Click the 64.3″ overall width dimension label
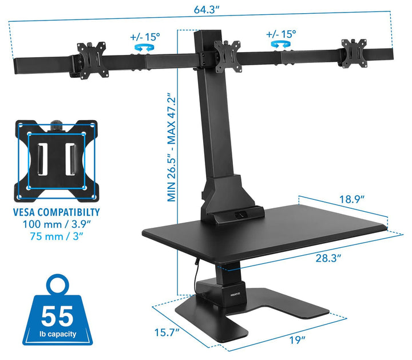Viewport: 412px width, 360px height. [206, 10]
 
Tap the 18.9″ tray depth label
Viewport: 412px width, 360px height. [352, 199]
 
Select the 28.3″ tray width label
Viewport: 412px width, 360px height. [328, 258]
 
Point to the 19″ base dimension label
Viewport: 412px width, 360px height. [297, 340]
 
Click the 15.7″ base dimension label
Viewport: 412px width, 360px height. [167, 333]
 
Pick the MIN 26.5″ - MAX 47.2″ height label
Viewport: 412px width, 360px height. [171, 147]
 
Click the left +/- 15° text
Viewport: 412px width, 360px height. [145, 37]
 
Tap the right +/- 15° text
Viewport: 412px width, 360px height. [281, 34]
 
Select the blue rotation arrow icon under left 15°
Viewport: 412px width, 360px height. [144, 48]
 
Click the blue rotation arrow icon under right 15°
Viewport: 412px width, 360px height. [281, 44]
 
